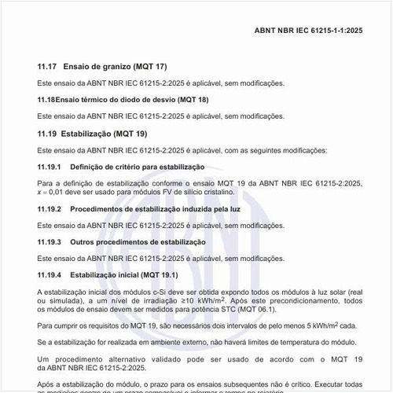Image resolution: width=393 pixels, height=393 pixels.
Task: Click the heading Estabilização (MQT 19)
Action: click(x=115, y=134)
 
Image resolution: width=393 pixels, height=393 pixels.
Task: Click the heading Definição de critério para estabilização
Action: click(x=138, y=167)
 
